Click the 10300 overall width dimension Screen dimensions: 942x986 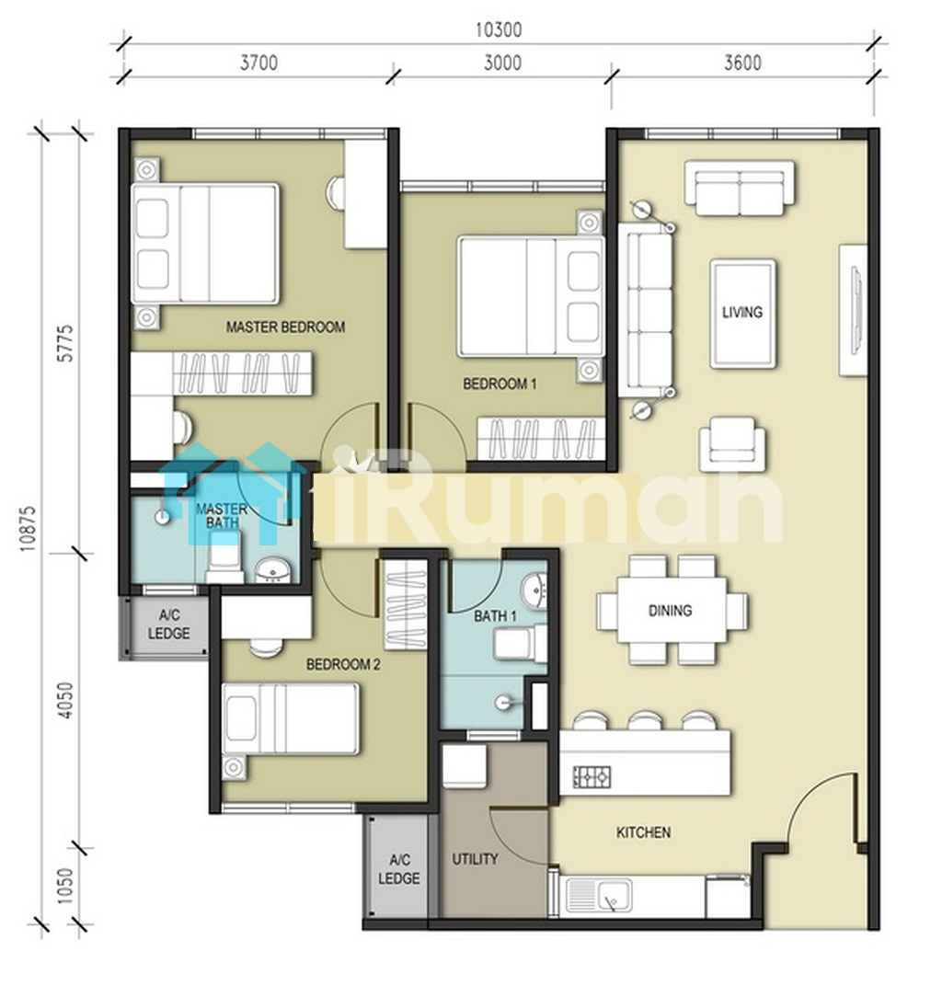(498, 29)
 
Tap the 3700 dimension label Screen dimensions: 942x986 (259, 63)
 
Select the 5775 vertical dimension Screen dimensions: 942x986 (66, 343)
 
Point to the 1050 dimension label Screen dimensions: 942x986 (66, 887)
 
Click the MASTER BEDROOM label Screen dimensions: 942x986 (285, 327)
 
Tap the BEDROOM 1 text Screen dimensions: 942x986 (500, 384)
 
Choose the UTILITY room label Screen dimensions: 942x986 (475, 859)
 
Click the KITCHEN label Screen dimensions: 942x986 (643, 832)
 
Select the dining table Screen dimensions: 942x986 (672, 610)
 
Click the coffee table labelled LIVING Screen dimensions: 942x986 (742, 313)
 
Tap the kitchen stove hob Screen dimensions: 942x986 (592, 778)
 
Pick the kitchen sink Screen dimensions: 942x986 (599, 894)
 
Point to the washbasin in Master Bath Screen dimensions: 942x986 (273, 570)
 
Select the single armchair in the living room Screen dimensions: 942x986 (732, 444)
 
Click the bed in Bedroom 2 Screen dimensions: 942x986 (291, 719)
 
